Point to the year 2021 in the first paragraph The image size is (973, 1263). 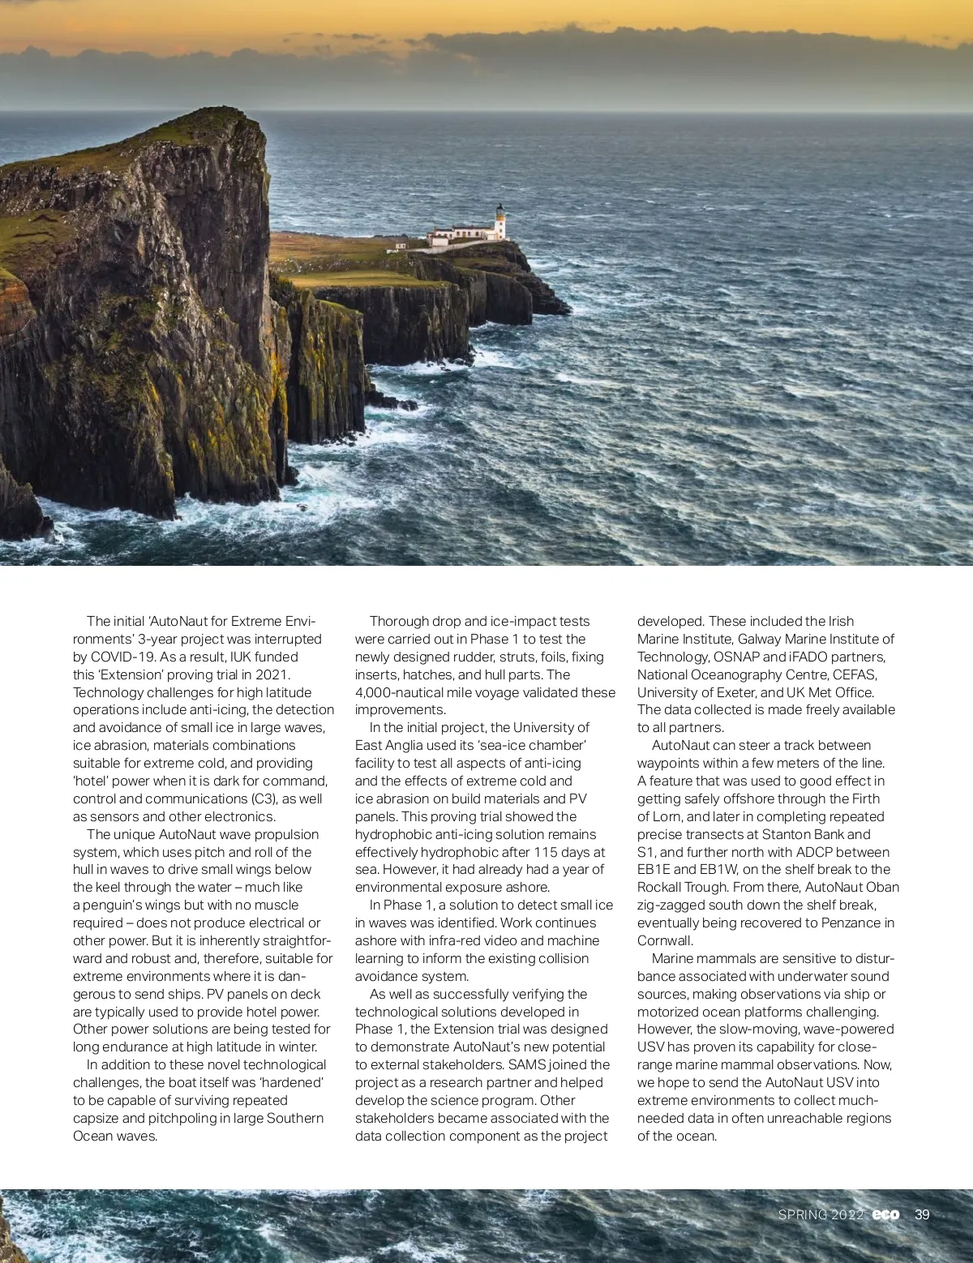tap(272, 674)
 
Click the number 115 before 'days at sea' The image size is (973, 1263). tap(547, 852)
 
